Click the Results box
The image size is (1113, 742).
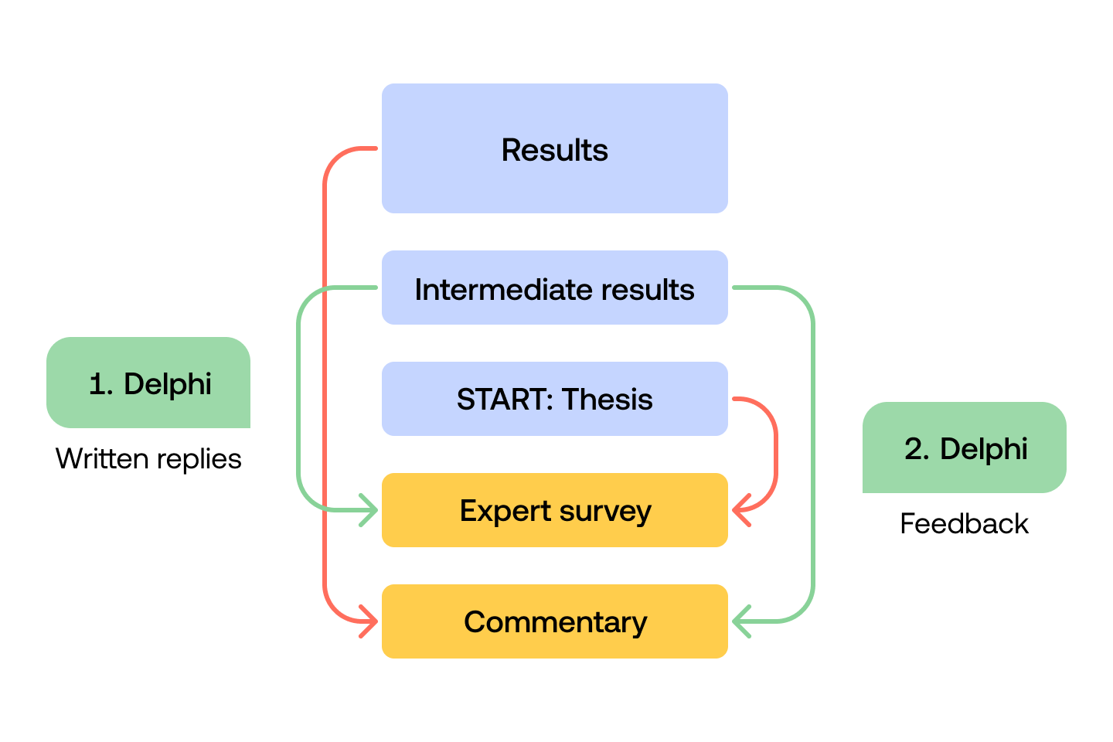(554, 148)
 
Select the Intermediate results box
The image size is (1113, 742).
(554, 288)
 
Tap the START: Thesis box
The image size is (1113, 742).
(554, 399)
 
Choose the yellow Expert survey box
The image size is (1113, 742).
(554, 510)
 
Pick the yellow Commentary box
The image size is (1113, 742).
(554, 621)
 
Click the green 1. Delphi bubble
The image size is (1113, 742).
(148, 383)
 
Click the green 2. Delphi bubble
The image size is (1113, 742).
(965, 448)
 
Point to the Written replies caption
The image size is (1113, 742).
(148, 459)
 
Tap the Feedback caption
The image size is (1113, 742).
(964, 524)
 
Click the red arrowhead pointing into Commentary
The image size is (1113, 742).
(369, 621)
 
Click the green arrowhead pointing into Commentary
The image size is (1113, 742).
(740, 621)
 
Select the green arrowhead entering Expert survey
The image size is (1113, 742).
(369, 510)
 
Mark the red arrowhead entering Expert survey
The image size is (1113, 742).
(740, 510)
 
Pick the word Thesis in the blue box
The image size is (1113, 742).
(608, 400)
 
